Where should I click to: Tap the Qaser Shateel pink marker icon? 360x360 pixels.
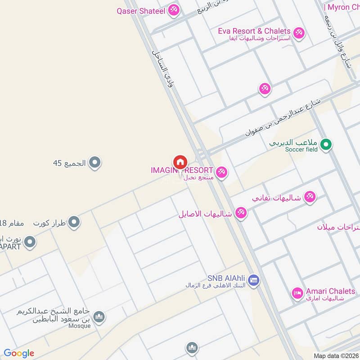pyautogui.click(x=174, y=10)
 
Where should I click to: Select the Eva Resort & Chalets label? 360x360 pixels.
pyautogui.click(x=254, y=31)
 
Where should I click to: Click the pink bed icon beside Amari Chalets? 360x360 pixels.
pyautogui.click(x=297, y=293)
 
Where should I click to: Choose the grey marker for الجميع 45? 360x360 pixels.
pyautogui.click(x=94, y=162)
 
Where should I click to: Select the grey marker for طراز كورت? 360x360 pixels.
pyautogui.click(x=74, y=222)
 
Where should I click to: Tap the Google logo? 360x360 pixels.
pyautogui.click(x=19, y=353)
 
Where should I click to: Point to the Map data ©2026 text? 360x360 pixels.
pyautogui.click(x=336, y=355)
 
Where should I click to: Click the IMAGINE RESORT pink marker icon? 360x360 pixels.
pyautogui.click(x=221, y=172)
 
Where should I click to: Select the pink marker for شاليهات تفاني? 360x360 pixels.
pyautogui.click(x=309, y=197)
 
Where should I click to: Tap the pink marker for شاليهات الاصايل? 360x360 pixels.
pyautogui.click(x=241, y=213)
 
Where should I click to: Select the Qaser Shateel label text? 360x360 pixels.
pyautogui.click(x=141, y=11)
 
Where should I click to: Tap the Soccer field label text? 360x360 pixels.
pyautogui.click(x=301, y=149)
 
